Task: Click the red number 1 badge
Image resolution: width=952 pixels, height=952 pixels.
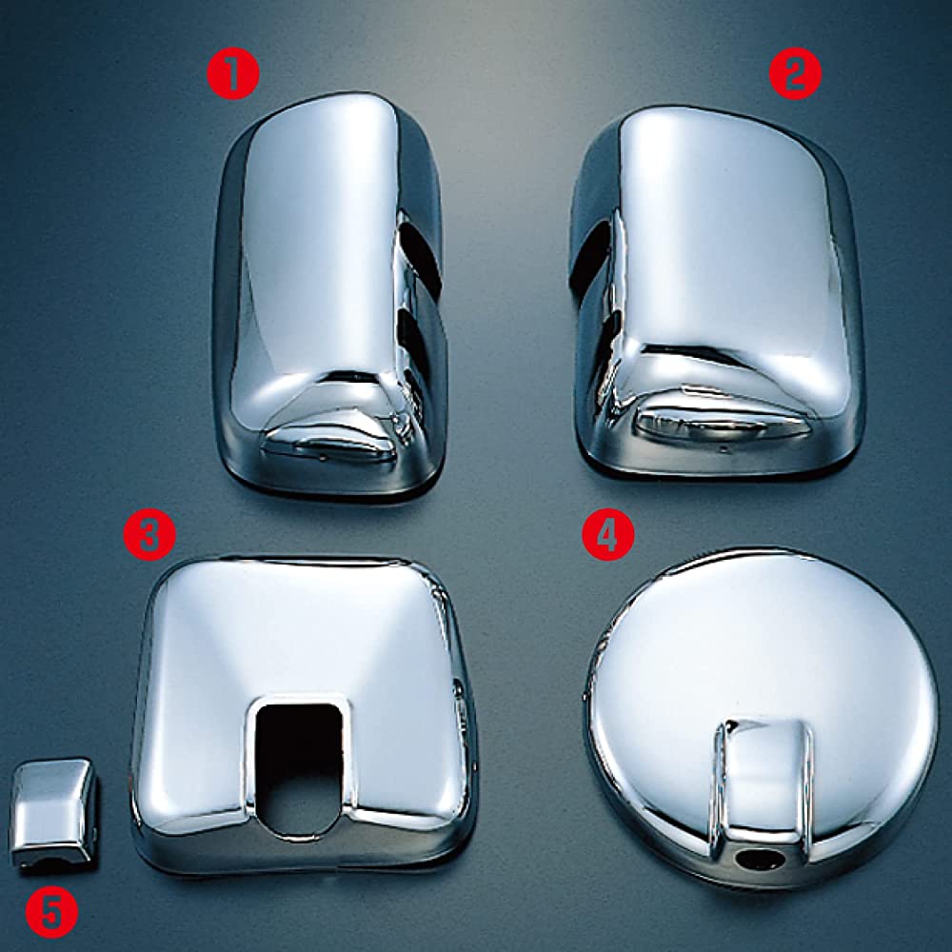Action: click(233, 73)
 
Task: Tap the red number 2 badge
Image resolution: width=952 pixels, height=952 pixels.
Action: click(795, 73)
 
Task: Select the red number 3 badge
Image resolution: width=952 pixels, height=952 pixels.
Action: click(149, 534)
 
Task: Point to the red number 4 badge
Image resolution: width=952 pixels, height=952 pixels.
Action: click(608, 534)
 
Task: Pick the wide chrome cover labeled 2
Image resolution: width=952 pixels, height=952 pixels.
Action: click(717, 291)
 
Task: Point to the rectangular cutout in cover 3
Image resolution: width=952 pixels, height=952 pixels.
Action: click(299, 768)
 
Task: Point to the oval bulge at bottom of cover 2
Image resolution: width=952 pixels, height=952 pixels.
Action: click(717, 424)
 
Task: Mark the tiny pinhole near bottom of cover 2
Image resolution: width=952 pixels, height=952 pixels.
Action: click(723, 450)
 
